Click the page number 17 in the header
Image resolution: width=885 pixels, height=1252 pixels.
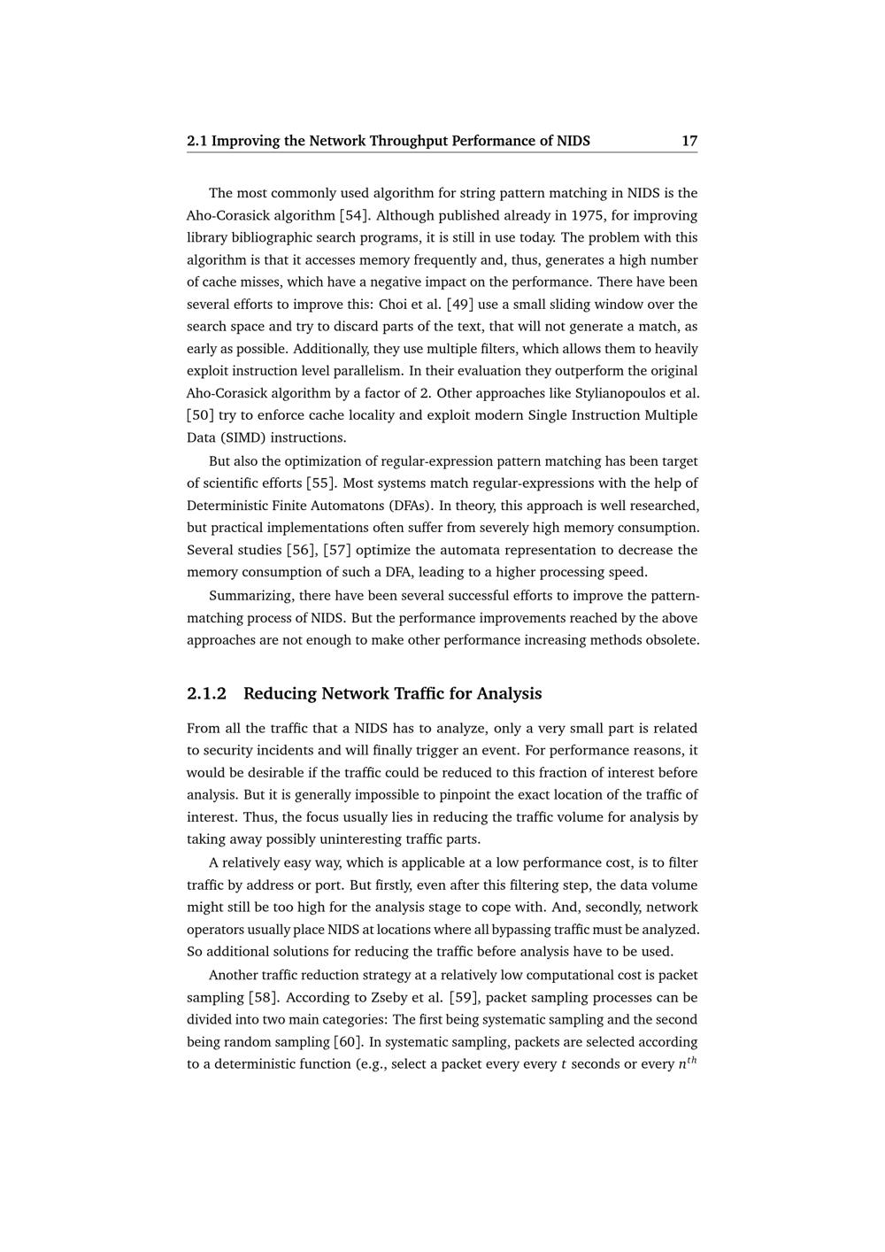pos(689,141)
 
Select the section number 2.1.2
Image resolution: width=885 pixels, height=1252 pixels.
pos(206,693)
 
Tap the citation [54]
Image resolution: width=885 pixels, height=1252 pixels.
pos(354,215)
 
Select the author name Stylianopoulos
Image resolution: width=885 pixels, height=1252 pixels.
pos(617,393)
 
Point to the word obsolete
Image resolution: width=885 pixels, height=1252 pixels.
pos(672,640)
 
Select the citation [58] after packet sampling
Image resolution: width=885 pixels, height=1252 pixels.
pos(263,997)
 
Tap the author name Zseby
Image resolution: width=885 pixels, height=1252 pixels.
pos(399,997)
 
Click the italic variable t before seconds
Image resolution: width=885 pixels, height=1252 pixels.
pos(564,1064)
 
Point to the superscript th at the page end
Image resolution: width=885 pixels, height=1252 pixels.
pos(690,1060)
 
